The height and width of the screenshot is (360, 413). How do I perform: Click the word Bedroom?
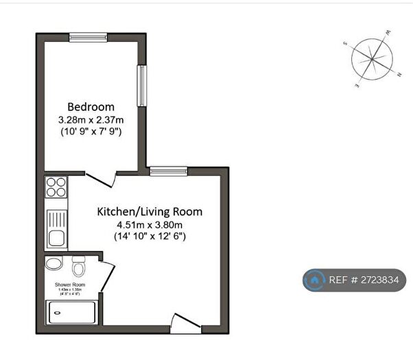click(91, 107)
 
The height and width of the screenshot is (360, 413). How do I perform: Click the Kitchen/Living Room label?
click(149, 211)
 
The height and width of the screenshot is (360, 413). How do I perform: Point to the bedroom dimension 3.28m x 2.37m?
click(91, 119)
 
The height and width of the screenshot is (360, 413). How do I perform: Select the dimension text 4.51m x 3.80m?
click(150, 224)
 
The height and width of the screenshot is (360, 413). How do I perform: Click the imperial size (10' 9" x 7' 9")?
click(91, 131)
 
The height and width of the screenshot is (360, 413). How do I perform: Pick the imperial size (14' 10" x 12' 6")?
click(150, 236)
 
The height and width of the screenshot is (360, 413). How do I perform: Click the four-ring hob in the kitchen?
click(56, 187)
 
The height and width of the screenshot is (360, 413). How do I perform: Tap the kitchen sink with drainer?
click(56, 229)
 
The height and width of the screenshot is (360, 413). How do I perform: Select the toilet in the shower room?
click(78, 265)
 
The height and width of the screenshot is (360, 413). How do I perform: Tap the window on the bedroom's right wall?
click(141, 86)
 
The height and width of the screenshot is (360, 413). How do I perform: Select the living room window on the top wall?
click(168, 171)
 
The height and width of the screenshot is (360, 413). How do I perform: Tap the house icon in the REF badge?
click(316, 280)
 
